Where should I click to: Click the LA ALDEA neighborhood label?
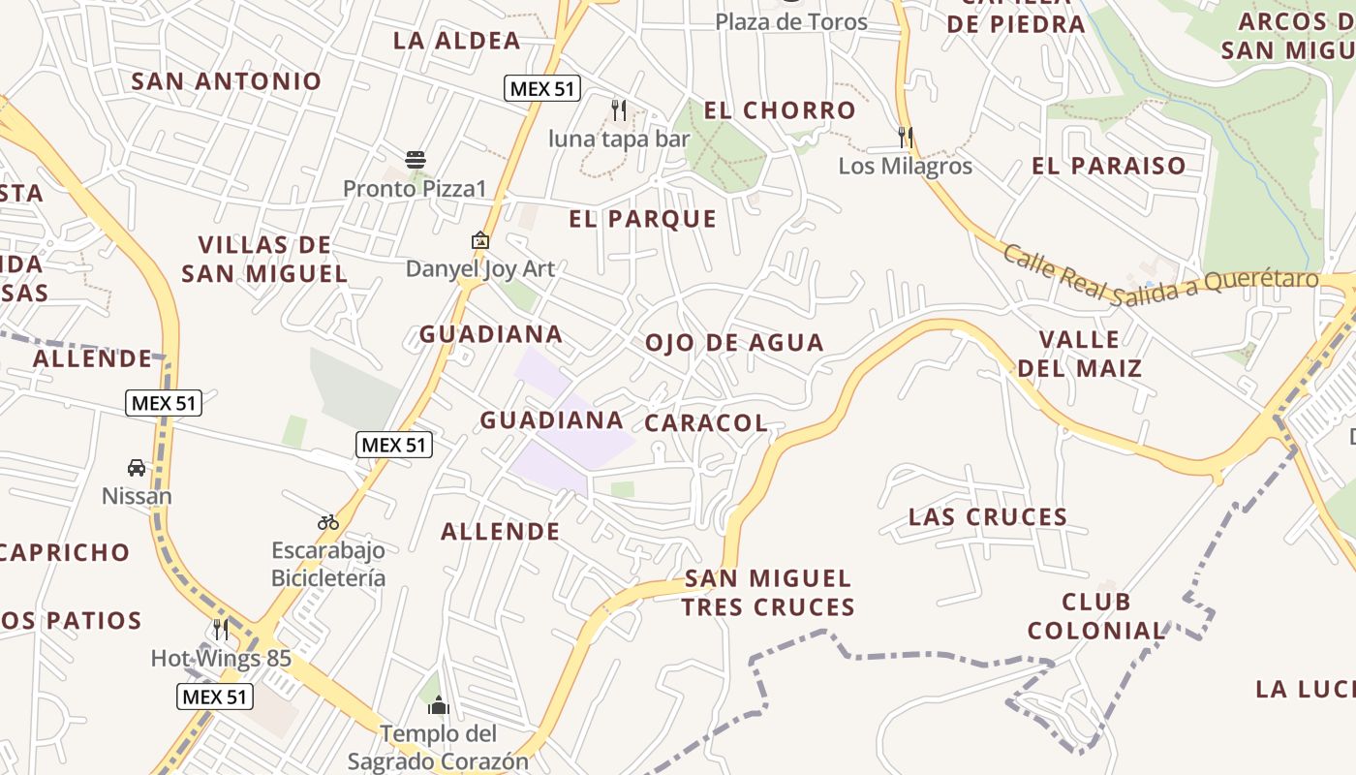[x=456, y=41]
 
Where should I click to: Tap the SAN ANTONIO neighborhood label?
[x=226, y=81]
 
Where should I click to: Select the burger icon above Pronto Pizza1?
[x=416, y=160]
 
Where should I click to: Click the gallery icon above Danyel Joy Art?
[x=479, y=240]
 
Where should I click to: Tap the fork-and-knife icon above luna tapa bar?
[x=619, y=110]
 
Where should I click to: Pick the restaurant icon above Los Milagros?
[x=906, y=138]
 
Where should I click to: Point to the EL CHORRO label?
[x=780, y=110]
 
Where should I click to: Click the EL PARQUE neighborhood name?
[x=642, y=219]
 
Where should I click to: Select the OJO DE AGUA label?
[x=734, y=342]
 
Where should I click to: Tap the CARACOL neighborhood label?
[x=705, y=423]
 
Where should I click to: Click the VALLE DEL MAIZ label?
[x=1079, y=354]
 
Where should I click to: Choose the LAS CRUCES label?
[x=988, y=517]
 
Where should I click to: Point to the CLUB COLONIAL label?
[x=1095, y=616]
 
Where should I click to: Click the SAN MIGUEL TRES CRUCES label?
[x=768, y=593]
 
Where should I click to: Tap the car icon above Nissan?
[x=137, y=468]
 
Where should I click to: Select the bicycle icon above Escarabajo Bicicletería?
[x=328, y=522]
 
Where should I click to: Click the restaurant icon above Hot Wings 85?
[x=221, y=630]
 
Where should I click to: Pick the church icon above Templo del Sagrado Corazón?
[x=438, y=705]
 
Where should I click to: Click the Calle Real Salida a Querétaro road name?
[x=1159, y=277]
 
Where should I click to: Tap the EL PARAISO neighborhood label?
[x=1108, y=166]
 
